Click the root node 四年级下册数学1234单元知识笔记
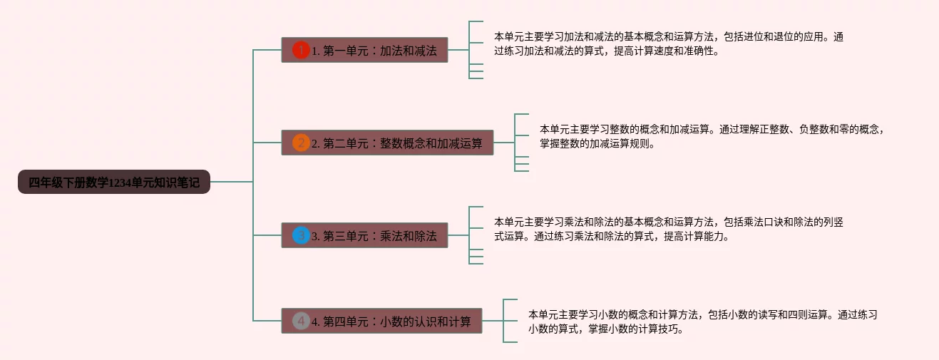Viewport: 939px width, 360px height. pos(114,182)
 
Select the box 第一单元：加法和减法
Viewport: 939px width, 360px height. pos(364,51)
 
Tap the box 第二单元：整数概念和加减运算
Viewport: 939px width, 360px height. pos(387,143)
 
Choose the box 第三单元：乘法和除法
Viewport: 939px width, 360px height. pos(364,236)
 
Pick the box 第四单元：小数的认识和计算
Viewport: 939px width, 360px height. pos(381,322)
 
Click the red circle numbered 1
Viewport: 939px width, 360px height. pos(301,51)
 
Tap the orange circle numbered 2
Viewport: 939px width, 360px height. pos(301,143)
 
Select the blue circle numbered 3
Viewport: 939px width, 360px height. pos(301,235)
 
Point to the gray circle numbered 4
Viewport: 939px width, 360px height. pos(301,322)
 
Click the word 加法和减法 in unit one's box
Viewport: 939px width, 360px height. pos(408,51)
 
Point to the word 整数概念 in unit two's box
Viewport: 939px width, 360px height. pos(402,144)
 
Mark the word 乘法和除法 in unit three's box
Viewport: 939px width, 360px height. pos(408,237)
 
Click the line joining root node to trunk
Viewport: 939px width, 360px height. pos(232,182)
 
